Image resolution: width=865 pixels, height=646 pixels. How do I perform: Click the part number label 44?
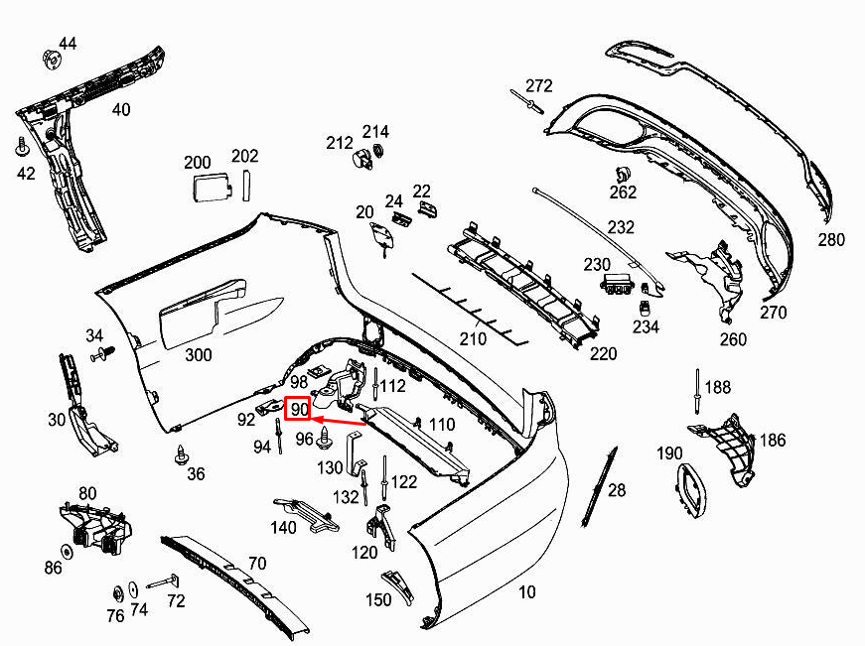click(68, 44)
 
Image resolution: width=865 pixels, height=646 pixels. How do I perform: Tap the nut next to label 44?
click(51, 59)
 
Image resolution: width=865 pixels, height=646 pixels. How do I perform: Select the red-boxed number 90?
click(298, 408)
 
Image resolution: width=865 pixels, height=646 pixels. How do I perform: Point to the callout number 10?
click(526, 592)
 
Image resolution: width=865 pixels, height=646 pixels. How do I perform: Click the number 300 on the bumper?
click(198, 354)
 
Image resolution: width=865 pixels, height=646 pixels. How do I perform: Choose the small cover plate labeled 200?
click(211, 186)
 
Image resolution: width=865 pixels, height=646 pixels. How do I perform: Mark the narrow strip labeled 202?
click(247, 186)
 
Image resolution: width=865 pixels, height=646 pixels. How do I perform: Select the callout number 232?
click(621, 227)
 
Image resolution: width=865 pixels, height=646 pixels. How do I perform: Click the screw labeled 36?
click(181, 455)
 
